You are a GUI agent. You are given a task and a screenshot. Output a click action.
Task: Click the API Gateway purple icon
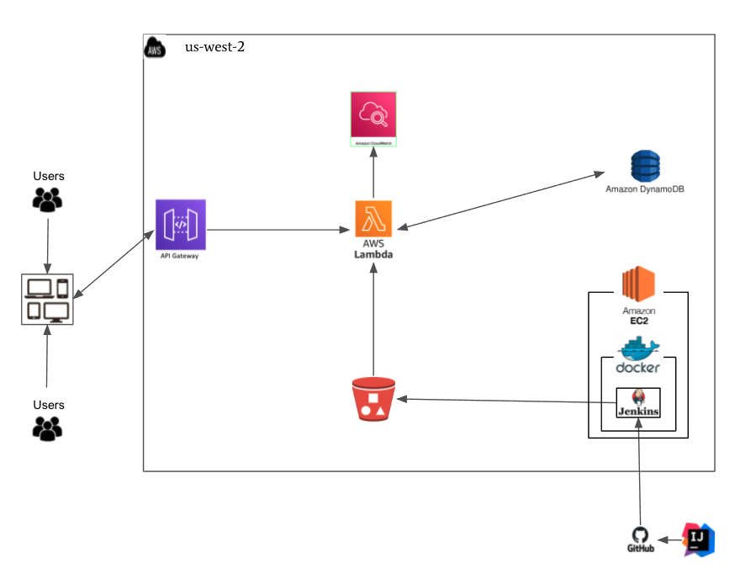click(x=180, y=224)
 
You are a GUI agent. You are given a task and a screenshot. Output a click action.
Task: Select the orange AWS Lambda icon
click(x=373, y=219)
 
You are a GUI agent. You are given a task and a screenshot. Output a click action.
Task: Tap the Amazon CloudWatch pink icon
click(x=373, y=117)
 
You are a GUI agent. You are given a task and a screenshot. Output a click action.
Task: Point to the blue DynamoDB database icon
click(x=645, y=166)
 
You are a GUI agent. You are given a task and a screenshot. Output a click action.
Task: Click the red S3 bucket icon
click(x=373, y=399)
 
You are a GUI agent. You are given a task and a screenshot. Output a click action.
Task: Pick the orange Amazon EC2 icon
click(x=638, y=283)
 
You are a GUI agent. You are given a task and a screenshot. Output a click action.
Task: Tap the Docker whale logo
click(x=638, y=348)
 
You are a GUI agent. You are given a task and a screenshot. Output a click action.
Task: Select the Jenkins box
click(x=638, y=402)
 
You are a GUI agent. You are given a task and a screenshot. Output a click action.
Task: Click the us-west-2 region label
click(x=214, y=47)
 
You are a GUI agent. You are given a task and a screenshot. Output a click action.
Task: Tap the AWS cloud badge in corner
click(x=154, y=47)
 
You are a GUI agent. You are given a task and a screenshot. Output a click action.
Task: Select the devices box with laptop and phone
click(x=47, y=299)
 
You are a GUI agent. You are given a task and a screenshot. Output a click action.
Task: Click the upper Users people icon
click(x=48, y=199)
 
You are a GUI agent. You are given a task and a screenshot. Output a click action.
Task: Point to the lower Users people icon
click(x=48, y=428)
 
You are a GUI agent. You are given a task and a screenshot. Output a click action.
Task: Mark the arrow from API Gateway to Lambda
click(x=277, y=229)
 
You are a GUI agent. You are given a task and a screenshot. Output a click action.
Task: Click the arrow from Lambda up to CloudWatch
click(x=373, y=173)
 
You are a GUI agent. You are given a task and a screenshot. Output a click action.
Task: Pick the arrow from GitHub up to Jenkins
click(x=640, y=476)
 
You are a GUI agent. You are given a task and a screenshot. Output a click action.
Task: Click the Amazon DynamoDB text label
click(x=644, y=189)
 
